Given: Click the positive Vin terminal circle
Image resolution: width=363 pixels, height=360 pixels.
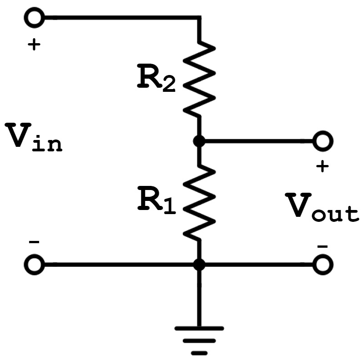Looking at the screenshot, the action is pyautogui.click(x=34, y=18).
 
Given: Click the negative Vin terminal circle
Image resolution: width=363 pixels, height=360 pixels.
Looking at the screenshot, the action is pyautogui.click(x=34, y=265).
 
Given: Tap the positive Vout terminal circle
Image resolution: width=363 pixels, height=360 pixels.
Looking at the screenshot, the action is pyautogui.click(x=323, y=141).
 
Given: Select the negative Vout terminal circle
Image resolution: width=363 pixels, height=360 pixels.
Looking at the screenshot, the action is pyautogui.click(x=323, y=265).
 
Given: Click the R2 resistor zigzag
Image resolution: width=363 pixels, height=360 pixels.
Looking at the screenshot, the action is pyautogui.click(x=199, y=79).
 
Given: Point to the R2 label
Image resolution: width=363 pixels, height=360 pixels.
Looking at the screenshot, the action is pyautogui.click(x=156, y=79).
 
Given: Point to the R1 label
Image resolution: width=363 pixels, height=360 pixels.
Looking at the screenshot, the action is pyautogui.click(x=156, y=200).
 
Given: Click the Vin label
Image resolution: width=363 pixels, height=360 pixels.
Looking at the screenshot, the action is pyautogui.click(x=34, y=137).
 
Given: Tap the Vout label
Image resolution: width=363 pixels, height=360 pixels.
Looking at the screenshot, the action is pyautogui.click(x=322, y=208).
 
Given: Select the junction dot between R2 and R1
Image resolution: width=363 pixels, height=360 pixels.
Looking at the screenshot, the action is pyautogui.click(x=199, y=141).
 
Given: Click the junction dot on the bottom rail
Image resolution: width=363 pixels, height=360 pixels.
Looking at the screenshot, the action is pyautogui.click(x=199, y=265).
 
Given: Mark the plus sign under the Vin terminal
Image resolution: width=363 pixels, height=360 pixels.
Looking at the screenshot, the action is pyautogui.click(x=34, y=44).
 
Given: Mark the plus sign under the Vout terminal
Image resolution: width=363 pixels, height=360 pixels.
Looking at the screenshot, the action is pyautogui.click(x=323, y=166).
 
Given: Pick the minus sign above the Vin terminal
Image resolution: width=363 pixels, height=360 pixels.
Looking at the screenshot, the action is pyautogui.click(x=34, y=242).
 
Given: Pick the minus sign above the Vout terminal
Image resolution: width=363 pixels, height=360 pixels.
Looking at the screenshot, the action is pyautogui.click(x=323, y=247).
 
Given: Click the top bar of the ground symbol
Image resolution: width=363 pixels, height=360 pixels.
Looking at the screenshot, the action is pyautogui.click(x=199, y=328).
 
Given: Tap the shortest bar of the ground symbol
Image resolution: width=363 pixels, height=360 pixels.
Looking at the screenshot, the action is pyautogui.click(x=199, y=353).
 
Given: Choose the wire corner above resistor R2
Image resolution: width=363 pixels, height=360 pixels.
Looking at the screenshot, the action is pyautogui.click(x=199, y=18).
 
